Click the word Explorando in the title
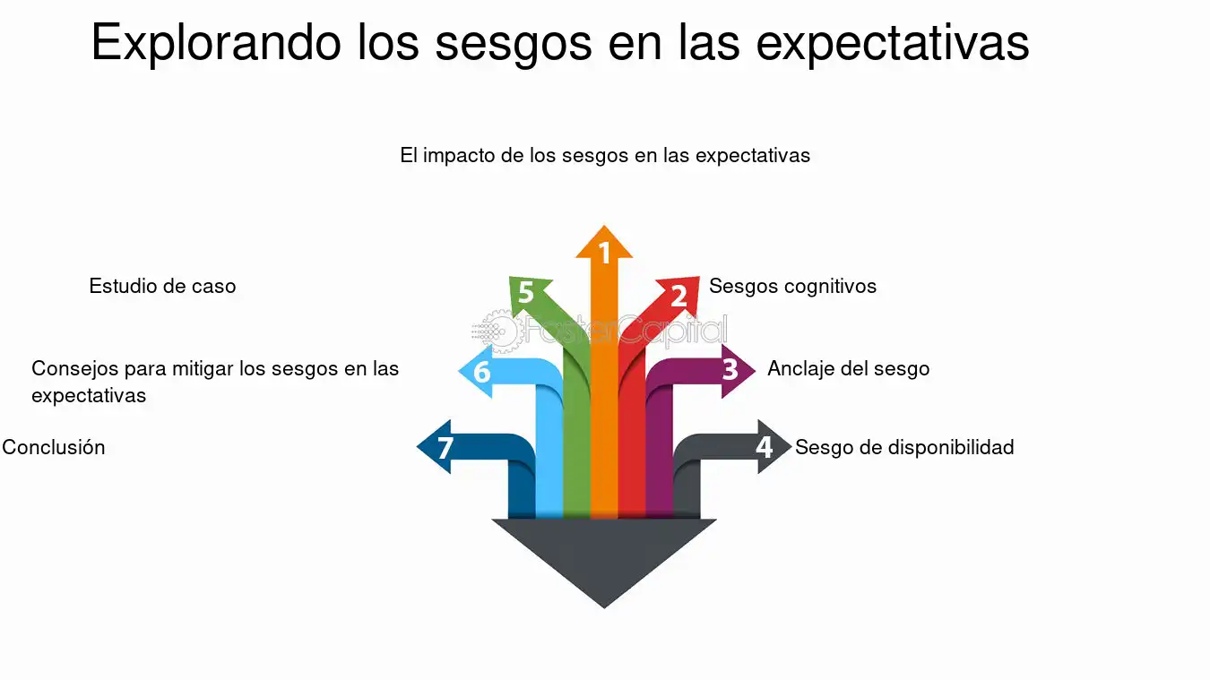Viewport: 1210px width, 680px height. pyautogui.click(x=216, y=43)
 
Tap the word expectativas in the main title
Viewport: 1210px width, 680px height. pyautogui.click(x=893, y=44)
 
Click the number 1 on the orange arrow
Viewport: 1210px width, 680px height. pyautogui.click(x=604, y=253)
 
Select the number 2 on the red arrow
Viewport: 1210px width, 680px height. pyautogui.click(x=679, y=296)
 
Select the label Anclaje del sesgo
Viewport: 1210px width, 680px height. pyautogui.click(x=848, y=369)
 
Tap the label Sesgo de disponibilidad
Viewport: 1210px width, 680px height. pyautogui.click(x=904, y=447)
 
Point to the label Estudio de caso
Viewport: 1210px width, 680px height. pyautogui.click(x=162, y=287)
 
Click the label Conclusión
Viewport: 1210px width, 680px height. pyautogui.click(x=54, y=447)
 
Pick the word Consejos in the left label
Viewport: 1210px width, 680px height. pyautogui.click(x=75, y=369)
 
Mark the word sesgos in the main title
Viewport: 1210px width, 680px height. pyautogui.click(x=514, y=44)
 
